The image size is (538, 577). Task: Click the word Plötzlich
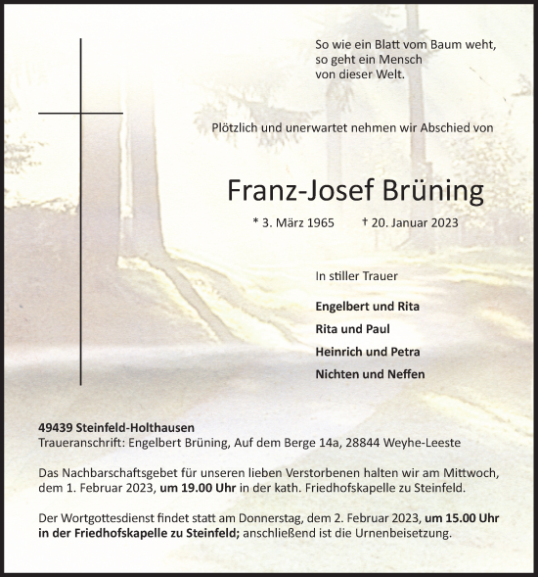[239, 127]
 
